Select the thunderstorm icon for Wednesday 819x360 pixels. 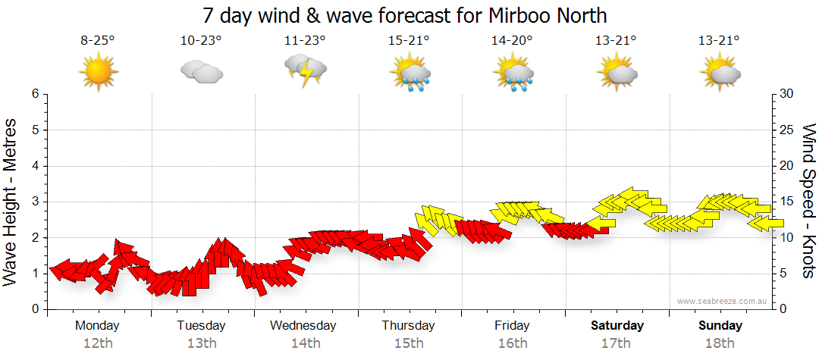[x=305, y=70]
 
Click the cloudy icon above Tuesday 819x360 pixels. [x=201, y=71]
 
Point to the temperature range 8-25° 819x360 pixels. [x=97, y=41]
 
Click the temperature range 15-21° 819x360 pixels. [x=409, y=41]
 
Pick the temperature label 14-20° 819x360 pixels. [x=512, y=41]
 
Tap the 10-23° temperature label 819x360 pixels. [x=201, y=41]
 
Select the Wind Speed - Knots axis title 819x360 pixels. [x=808, y=201]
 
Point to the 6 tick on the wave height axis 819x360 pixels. [x=34, y=94]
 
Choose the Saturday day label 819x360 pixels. [x=617, y=326]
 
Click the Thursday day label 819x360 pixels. [x=409, y=326]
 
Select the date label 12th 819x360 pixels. [x=98, y=343]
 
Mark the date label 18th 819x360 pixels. [x=720, y=343]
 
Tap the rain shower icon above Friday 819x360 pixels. [x=513, y=74]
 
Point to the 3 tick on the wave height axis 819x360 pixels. [x=34, y=202]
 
